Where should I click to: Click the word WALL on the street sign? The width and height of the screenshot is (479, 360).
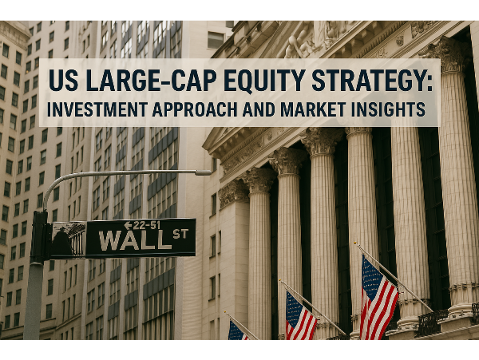click(x=135, y=240)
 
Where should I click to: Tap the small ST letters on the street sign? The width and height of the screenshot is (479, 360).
click(x=180, y=234)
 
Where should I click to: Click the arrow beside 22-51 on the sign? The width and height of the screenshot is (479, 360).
click(x=128, y=225)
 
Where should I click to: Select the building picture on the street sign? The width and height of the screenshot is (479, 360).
click(x=69, y=239)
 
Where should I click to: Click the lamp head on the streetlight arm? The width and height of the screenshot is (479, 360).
click(x=203, y=172)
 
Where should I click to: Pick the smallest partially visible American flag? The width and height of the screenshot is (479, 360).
click(x=237, y=330)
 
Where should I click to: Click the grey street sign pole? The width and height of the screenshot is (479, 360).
click(x=33, y=300)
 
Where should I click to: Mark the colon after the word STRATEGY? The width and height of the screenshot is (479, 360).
click(x=430, y=83)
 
